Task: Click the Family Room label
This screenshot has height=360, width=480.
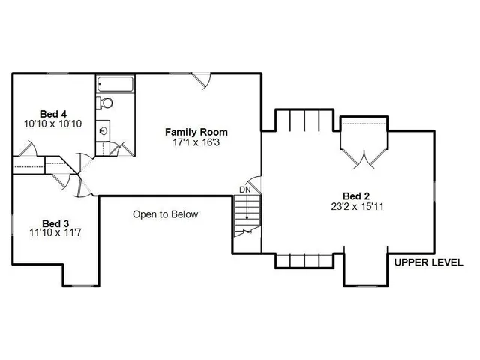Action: [196, 132]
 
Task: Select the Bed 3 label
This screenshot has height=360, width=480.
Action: [55, 223]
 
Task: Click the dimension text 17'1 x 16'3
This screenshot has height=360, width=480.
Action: [196, 142]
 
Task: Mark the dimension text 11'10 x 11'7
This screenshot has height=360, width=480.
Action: [55, 233]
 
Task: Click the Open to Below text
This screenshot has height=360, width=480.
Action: [166, 214]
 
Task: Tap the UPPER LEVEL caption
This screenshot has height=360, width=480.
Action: [428, 262]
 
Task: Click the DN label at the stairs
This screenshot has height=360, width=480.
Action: [245, 190]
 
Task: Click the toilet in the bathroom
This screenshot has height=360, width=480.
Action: [106, 103]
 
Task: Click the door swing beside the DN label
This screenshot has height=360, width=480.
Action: [255, 183]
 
